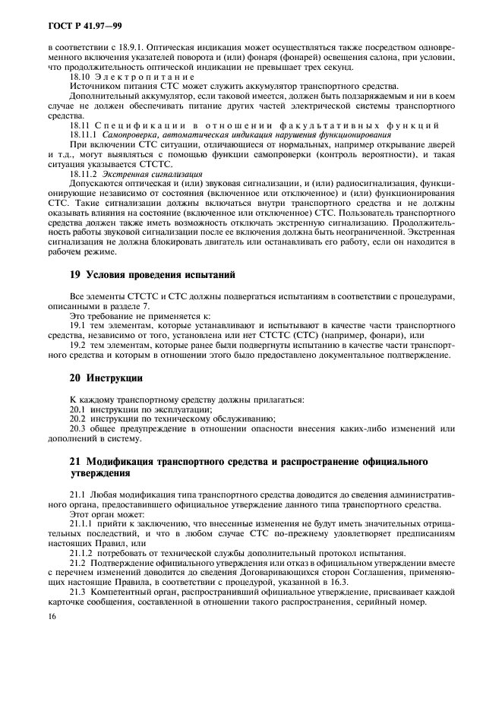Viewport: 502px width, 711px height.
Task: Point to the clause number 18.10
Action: click(x=81, y=77)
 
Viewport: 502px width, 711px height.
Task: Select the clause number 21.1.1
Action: click(x=83, y=524)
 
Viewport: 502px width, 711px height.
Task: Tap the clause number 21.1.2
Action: click(x=83, y=554)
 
